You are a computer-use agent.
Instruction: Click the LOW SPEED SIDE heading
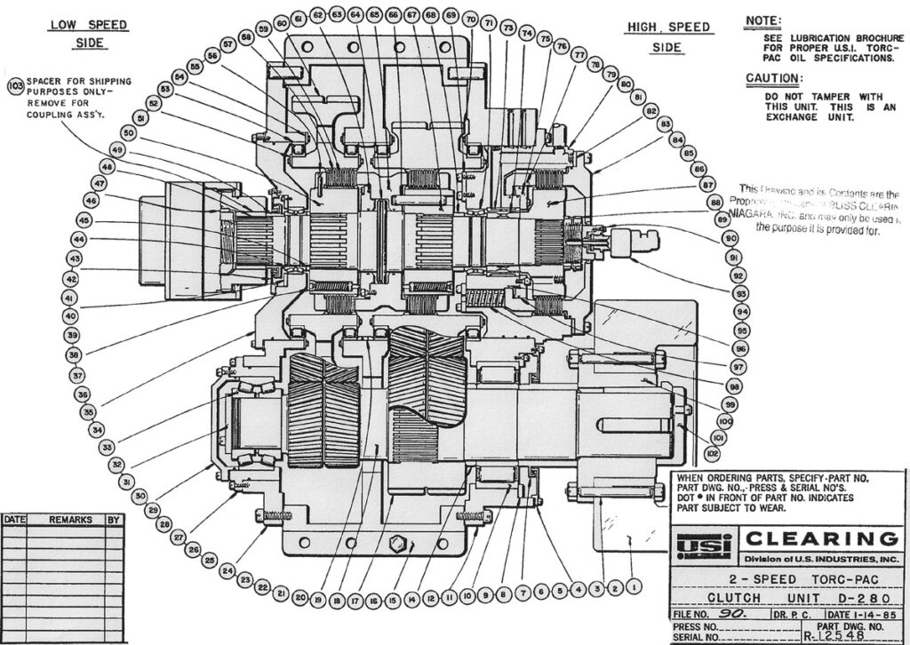[x=87, y=33]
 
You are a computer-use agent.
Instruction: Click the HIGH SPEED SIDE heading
[x=668, y=36]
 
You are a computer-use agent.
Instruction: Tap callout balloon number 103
[x=15, y=86]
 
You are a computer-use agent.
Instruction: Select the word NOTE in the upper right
[x=763, y=20]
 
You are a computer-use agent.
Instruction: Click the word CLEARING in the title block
[x=820, y=538]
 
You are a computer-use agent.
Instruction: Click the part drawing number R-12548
[x=833, y=636]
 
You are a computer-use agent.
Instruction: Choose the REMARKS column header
[x=70, y=519]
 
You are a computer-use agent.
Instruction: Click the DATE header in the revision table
[x=14, y=519]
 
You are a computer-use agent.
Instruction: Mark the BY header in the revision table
[x=113, y=519]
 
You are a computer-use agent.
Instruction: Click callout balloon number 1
[x=633, y=586]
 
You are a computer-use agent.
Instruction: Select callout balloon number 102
[x=712, y=453]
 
